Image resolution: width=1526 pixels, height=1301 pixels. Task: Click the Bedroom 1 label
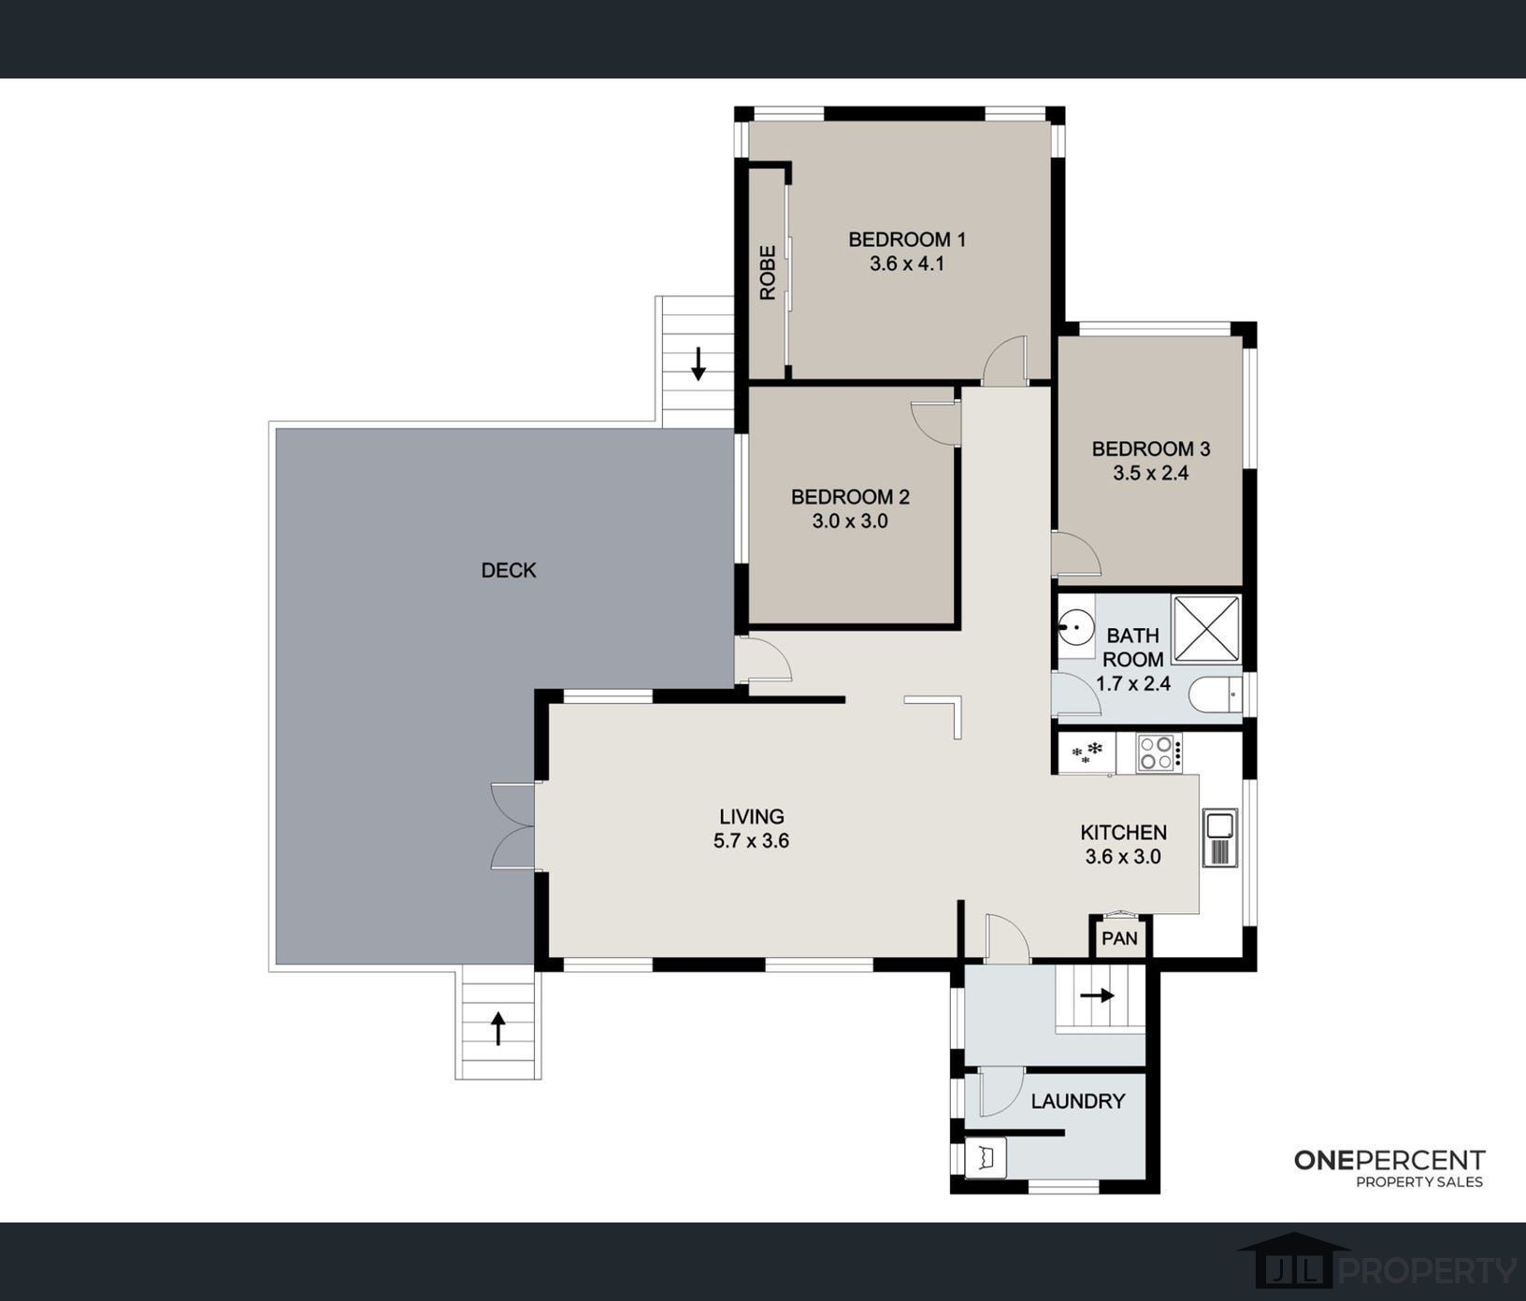[906, 239]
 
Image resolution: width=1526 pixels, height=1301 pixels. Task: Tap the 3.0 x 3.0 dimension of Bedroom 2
[850, 522]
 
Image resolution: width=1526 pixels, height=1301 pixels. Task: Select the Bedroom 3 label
[1150, 449]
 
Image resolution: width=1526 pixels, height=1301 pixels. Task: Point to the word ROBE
[768, 272]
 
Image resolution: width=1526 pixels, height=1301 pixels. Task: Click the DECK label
[509, 570]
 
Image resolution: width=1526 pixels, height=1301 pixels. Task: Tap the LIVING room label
[751, 817]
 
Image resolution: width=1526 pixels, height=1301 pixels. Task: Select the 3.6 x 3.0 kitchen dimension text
[1123, 857]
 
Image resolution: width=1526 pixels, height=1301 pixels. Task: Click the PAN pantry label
[1119, 937]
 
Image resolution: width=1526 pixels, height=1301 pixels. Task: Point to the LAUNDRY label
[1077, 1102]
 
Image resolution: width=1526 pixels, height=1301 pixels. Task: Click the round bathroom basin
[1076, 625]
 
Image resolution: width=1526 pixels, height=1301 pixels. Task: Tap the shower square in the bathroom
[1206, 628]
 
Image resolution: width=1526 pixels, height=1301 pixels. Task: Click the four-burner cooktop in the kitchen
[1159, 752]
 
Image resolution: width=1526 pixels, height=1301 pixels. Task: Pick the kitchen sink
[1220, 837]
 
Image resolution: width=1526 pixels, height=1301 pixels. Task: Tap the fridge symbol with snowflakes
[1087, 751]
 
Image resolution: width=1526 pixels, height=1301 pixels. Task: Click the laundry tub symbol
[985, 1158]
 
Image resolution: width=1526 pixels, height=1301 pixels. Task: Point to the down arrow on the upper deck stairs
[698, 364]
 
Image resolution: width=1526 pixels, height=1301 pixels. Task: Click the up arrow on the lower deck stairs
[498, 1028]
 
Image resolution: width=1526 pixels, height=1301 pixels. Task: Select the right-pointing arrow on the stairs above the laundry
[1097, 995]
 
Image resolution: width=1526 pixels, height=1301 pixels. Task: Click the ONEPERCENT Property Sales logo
[1389, 1168]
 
